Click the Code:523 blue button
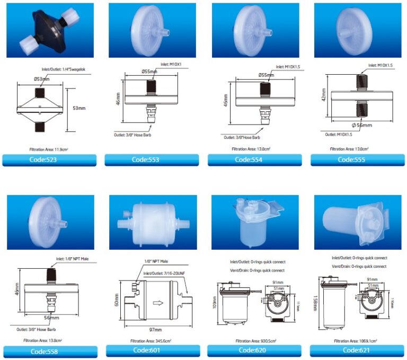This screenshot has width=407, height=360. tap(50, 160)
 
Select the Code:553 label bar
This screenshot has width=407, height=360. tap(152, 160)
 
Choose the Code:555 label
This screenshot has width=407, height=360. tap(357, 160)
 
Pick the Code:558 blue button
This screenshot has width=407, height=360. tap(50, 351)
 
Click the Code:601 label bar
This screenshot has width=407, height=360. tap(152, 350)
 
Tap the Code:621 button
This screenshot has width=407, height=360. tap(357, 350)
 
